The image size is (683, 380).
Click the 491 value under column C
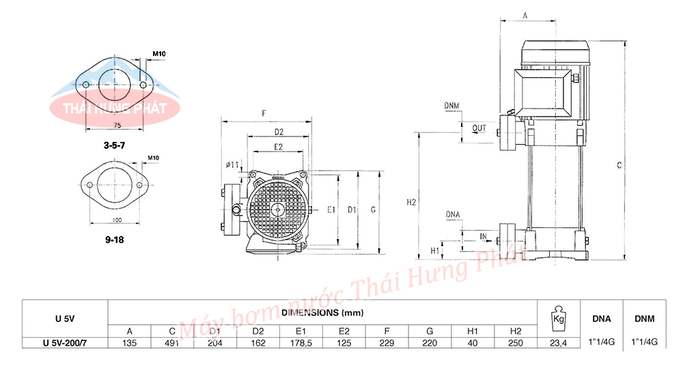tap(172, 343)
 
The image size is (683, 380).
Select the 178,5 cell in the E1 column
tap(301, 343)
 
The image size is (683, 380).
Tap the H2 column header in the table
tap(515, 332)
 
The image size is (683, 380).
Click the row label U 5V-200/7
tap(64, 343)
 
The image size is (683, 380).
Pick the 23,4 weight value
tap(559, 343)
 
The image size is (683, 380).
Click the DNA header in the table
tap(602, 319)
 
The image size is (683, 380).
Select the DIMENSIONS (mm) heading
tap(322, 312)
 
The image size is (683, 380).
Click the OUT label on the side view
tap(479, 128)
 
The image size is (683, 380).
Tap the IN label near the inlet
tap(484, 236)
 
